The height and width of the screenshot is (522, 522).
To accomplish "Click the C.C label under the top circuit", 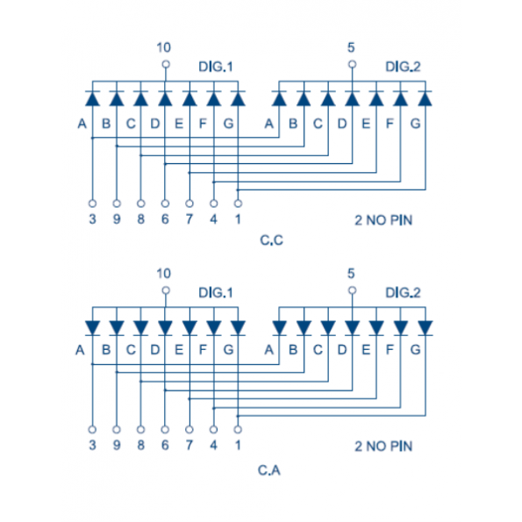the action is (x=271, y=240).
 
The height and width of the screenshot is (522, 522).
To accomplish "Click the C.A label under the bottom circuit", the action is (x=269, y=470).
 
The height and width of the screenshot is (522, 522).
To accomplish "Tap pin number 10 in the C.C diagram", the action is (x=164, y=47).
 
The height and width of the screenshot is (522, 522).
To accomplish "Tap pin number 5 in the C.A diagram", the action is (x=351, y=274).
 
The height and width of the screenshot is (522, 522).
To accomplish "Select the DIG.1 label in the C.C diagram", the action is (x=216, y=67).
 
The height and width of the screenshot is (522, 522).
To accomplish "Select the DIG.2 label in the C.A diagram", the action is (x=403, y=293).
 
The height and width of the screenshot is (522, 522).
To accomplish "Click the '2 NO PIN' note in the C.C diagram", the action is (x=383, y=220).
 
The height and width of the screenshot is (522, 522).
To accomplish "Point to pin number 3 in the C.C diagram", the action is (x=92, y=219).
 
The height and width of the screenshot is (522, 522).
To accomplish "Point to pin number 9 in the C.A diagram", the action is (x=117, y=445).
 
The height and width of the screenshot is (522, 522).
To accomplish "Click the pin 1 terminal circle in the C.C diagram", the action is (x=238, y=204).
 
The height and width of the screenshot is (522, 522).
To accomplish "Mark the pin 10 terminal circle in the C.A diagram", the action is (x=166, y=290).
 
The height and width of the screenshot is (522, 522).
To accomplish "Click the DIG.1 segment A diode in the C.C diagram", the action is (x=92, y=98).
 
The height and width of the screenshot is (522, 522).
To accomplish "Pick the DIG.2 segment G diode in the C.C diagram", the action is (x=425, y=98).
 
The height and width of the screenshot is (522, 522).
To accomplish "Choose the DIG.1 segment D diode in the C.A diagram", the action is (x=165, y=328).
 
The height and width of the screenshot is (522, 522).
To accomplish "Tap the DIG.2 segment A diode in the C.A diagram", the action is (x=279, y=328).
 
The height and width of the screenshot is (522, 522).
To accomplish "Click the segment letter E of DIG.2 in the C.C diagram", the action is (x=366, y=124).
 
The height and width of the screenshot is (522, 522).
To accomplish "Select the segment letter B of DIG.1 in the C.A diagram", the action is (x=106, y=350).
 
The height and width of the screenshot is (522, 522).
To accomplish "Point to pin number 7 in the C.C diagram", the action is (x=189, y=219).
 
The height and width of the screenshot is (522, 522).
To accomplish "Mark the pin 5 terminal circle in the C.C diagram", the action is (x=352, y=64).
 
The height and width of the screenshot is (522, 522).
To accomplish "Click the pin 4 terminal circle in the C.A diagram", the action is (x=214, y=430).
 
